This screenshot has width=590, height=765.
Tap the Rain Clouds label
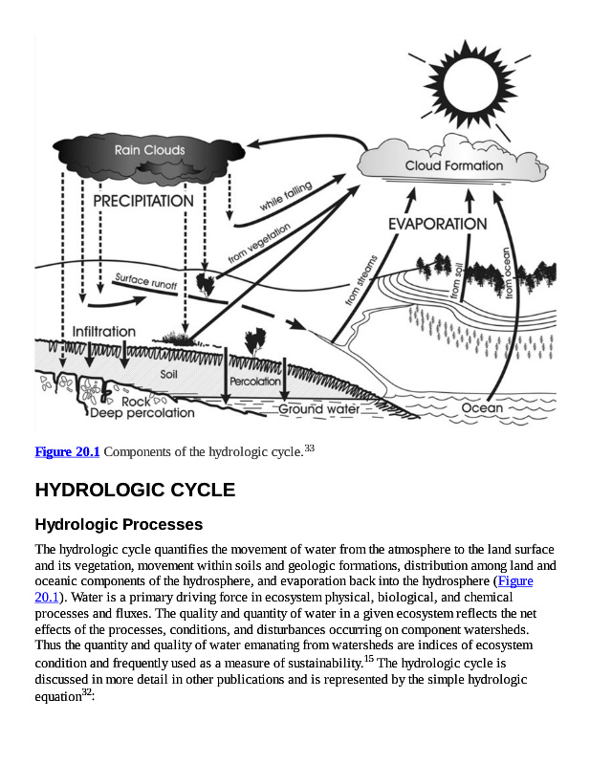150,150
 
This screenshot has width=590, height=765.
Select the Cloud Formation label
453,165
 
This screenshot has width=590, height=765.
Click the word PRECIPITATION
142,201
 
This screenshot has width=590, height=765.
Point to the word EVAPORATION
437,224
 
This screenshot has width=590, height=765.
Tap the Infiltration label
104,331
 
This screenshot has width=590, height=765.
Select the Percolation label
255,381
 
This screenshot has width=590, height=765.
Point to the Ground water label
318,409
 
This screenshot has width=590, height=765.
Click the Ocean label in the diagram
482,407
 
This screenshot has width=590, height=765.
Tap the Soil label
169,374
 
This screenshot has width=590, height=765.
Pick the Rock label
137,402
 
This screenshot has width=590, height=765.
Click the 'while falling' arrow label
286,198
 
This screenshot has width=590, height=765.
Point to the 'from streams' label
361,279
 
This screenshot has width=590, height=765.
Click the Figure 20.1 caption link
67,451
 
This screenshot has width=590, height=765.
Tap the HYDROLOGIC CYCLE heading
135,490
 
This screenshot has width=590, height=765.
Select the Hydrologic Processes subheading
119,524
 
